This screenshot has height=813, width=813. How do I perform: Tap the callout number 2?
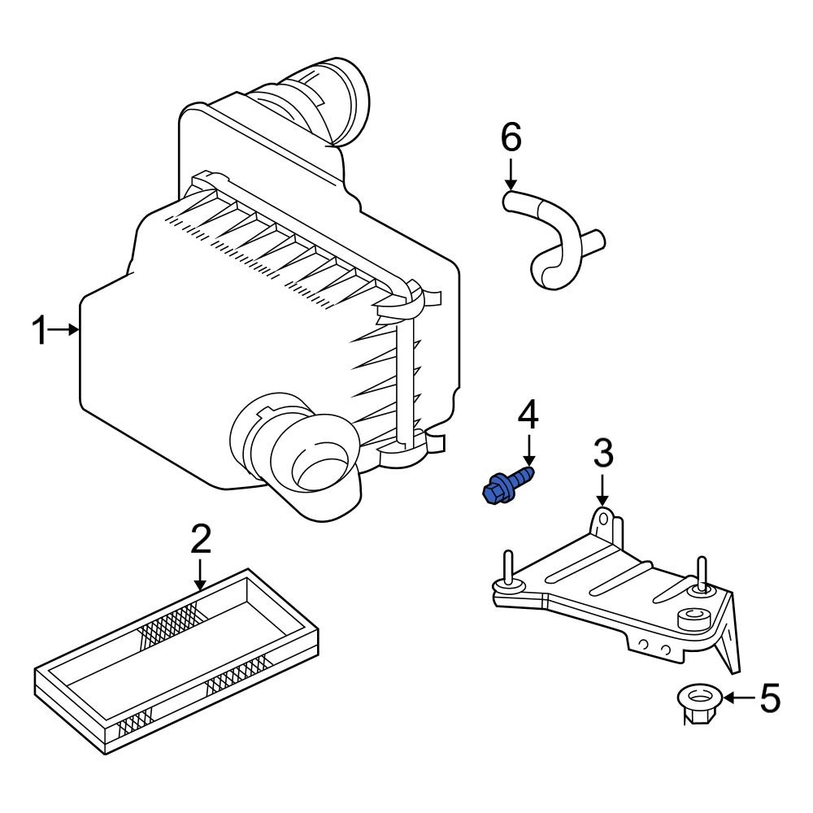click(200, 539)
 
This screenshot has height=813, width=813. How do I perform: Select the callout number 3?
click(602, 454)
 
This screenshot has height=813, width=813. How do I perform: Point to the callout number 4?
click(528, 415)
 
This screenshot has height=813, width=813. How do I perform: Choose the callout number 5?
click(769, 698)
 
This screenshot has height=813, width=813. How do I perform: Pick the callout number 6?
click(511, 138)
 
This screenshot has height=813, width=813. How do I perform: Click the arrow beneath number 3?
click(602, 489)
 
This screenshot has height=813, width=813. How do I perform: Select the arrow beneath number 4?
click(528, 450)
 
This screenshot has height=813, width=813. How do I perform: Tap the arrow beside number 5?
click(738, 698)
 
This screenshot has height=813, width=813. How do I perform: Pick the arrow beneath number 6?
click(511, 173)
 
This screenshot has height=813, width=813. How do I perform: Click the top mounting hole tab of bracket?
click(602, 518)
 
